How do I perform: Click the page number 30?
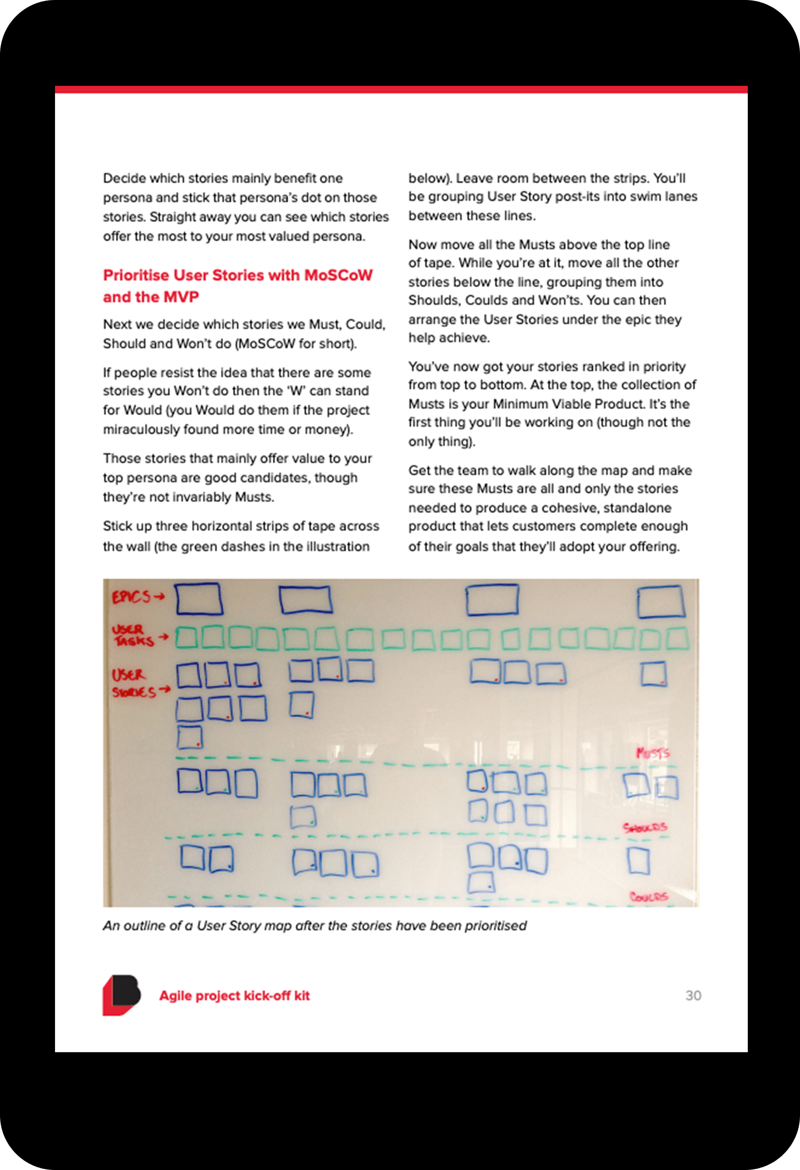click(693, 995)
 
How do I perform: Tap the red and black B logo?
click(122, 995)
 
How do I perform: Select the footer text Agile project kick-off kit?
click(234, 996)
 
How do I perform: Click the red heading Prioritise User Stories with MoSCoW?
click(238, 275)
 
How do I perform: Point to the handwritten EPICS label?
click(131, 597)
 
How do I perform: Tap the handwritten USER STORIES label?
click(134, 683)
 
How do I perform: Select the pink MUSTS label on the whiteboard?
click(653, 753)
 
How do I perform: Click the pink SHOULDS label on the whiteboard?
click(645, 828)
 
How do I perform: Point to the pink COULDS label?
click(649, 897)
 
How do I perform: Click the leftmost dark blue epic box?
click(199, 598)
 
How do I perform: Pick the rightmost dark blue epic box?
click(661, 602)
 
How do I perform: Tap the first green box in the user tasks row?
click(186, 638)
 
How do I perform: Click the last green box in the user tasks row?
click(677, 639)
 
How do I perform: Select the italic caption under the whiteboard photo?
click(315, 926)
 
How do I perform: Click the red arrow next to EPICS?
click(159, 596)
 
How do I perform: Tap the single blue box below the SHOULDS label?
click(638, 861)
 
